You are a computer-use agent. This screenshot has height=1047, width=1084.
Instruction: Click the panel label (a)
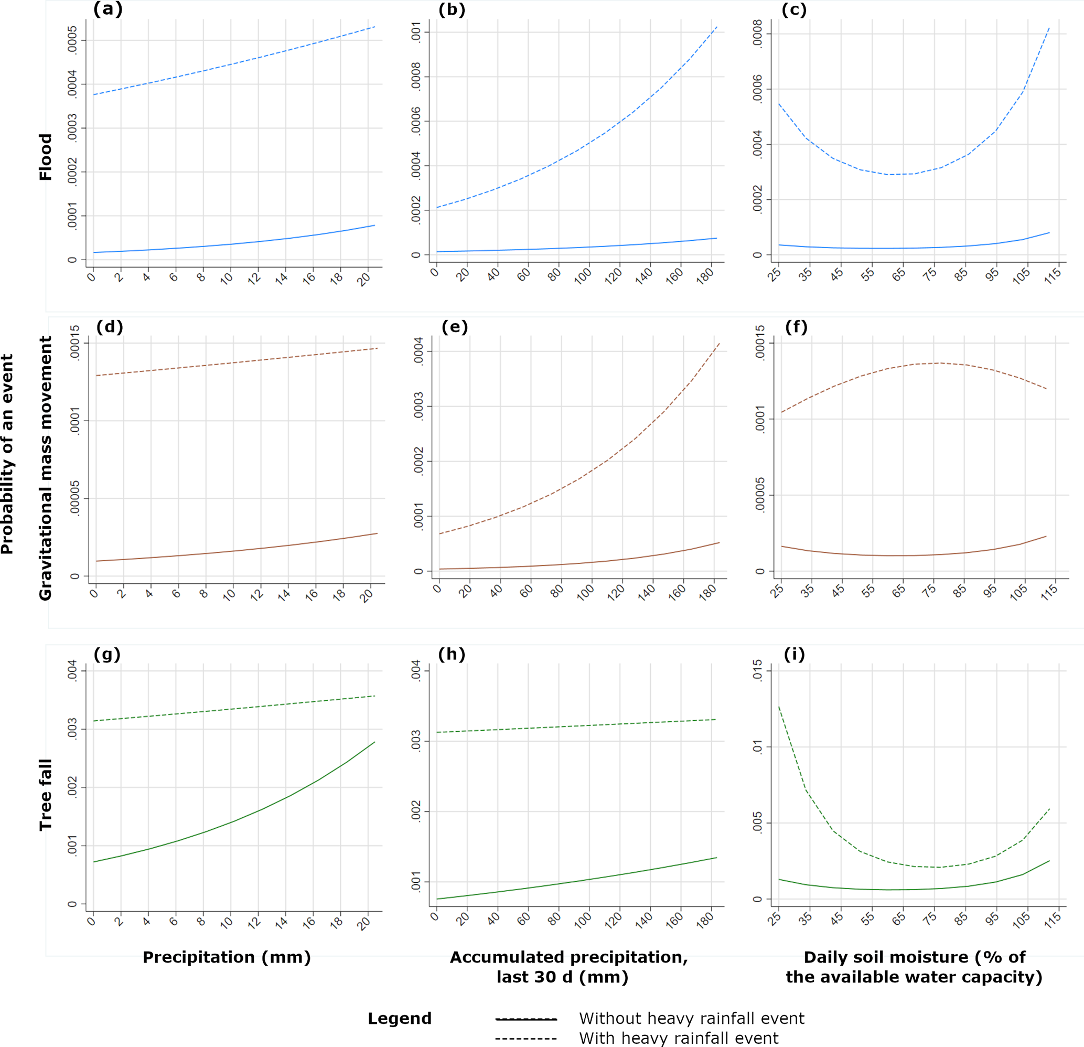[108, 9]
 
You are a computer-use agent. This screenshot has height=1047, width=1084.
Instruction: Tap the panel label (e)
[455, 327]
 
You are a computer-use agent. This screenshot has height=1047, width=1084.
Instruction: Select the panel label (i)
[794, 654]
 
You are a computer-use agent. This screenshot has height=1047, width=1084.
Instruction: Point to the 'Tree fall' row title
[45, 794]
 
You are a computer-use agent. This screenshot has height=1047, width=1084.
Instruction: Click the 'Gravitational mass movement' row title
[45, 468]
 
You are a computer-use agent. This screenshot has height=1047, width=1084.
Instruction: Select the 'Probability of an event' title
[7, 454]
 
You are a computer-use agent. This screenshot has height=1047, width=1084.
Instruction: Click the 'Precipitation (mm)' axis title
[227, 957]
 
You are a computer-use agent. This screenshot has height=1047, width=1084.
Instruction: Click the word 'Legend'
[399, 1018]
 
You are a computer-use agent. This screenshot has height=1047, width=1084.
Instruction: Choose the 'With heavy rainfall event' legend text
[679, 1038]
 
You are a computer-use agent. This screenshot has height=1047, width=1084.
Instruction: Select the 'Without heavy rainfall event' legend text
[691, 1018]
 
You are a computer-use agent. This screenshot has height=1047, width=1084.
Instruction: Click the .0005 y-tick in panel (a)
[72, 40]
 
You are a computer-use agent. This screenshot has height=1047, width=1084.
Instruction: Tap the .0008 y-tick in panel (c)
[758, 34]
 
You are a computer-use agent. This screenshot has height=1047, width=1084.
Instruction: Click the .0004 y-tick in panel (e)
[418, 351]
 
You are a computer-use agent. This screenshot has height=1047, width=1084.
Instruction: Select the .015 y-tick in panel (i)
[758, 670]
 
